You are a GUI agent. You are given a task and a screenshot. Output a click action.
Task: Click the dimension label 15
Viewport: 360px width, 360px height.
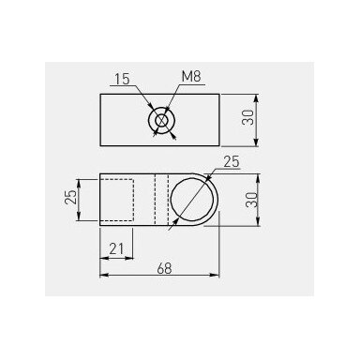[x=122, y=79]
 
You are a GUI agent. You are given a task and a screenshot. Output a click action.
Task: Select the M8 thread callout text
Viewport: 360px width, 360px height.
[x=191, y=77]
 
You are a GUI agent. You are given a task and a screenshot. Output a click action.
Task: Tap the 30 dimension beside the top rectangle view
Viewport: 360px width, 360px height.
[x=247, y=117]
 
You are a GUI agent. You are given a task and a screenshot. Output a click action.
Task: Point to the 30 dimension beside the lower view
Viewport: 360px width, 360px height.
[x=251, y=200]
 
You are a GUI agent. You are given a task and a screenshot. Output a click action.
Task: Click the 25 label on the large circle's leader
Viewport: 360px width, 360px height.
[x=232, y=162]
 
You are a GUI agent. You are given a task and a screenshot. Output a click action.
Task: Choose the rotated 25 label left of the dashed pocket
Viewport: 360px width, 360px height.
[x=70, y=197]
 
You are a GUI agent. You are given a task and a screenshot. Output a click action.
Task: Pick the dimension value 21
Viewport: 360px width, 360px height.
[x=116, y=249]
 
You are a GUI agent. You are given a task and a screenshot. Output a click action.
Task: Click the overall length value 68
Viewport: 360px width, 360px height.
[x=164, y=268]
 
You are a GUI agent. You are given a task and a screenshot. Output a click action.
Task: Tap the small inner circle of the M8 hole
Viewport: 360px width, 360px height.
[x=161, y=120]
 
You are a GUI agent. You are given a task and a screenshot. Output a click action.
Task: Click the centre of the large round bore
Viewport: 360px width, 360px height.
[x=194, y=200]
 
